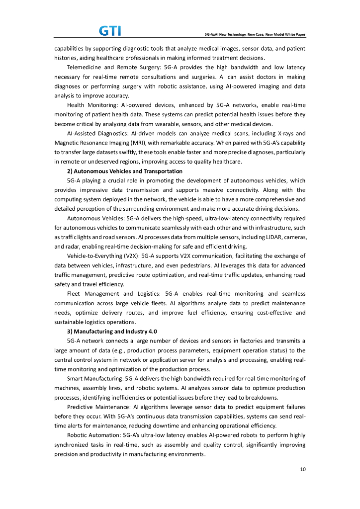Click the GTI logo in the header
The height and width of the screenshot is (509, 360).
(x=110, y=31)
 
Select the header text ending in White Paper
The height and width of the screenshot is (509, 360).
(x=255, y=35)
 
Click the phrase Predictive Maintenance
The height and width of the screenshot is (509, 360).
(x=97, y=407)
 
